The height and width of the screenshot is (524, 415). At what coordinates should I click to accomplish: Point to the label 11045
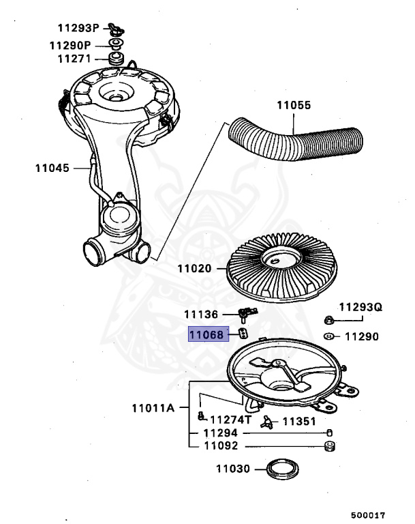[x=52, y=166]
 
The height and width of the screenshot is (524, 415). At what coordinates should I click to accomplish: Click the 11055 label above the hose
[x=293, y=106]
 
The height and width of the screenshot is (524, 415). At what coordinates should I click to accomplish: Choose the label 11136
[x=201, y=315]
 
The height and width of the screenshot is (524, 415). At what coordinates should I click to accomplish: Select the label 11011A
[x=153, y=409]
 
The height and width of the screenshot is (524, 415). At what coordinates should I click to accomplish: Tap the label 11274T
[x=230, y=421]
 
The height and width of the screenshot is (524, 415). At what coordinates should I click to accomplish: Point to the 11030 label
[x=234, y=469]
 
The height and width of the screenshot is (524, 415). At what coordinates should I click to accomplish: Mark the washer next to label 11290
[x=328, y=336]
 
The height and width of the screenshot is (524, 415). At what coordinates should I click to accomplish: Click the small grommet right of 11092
[x=329, y=447]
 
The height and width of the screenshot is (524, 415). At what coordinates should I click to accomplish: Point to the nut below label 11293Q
[x=328, y=320]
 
